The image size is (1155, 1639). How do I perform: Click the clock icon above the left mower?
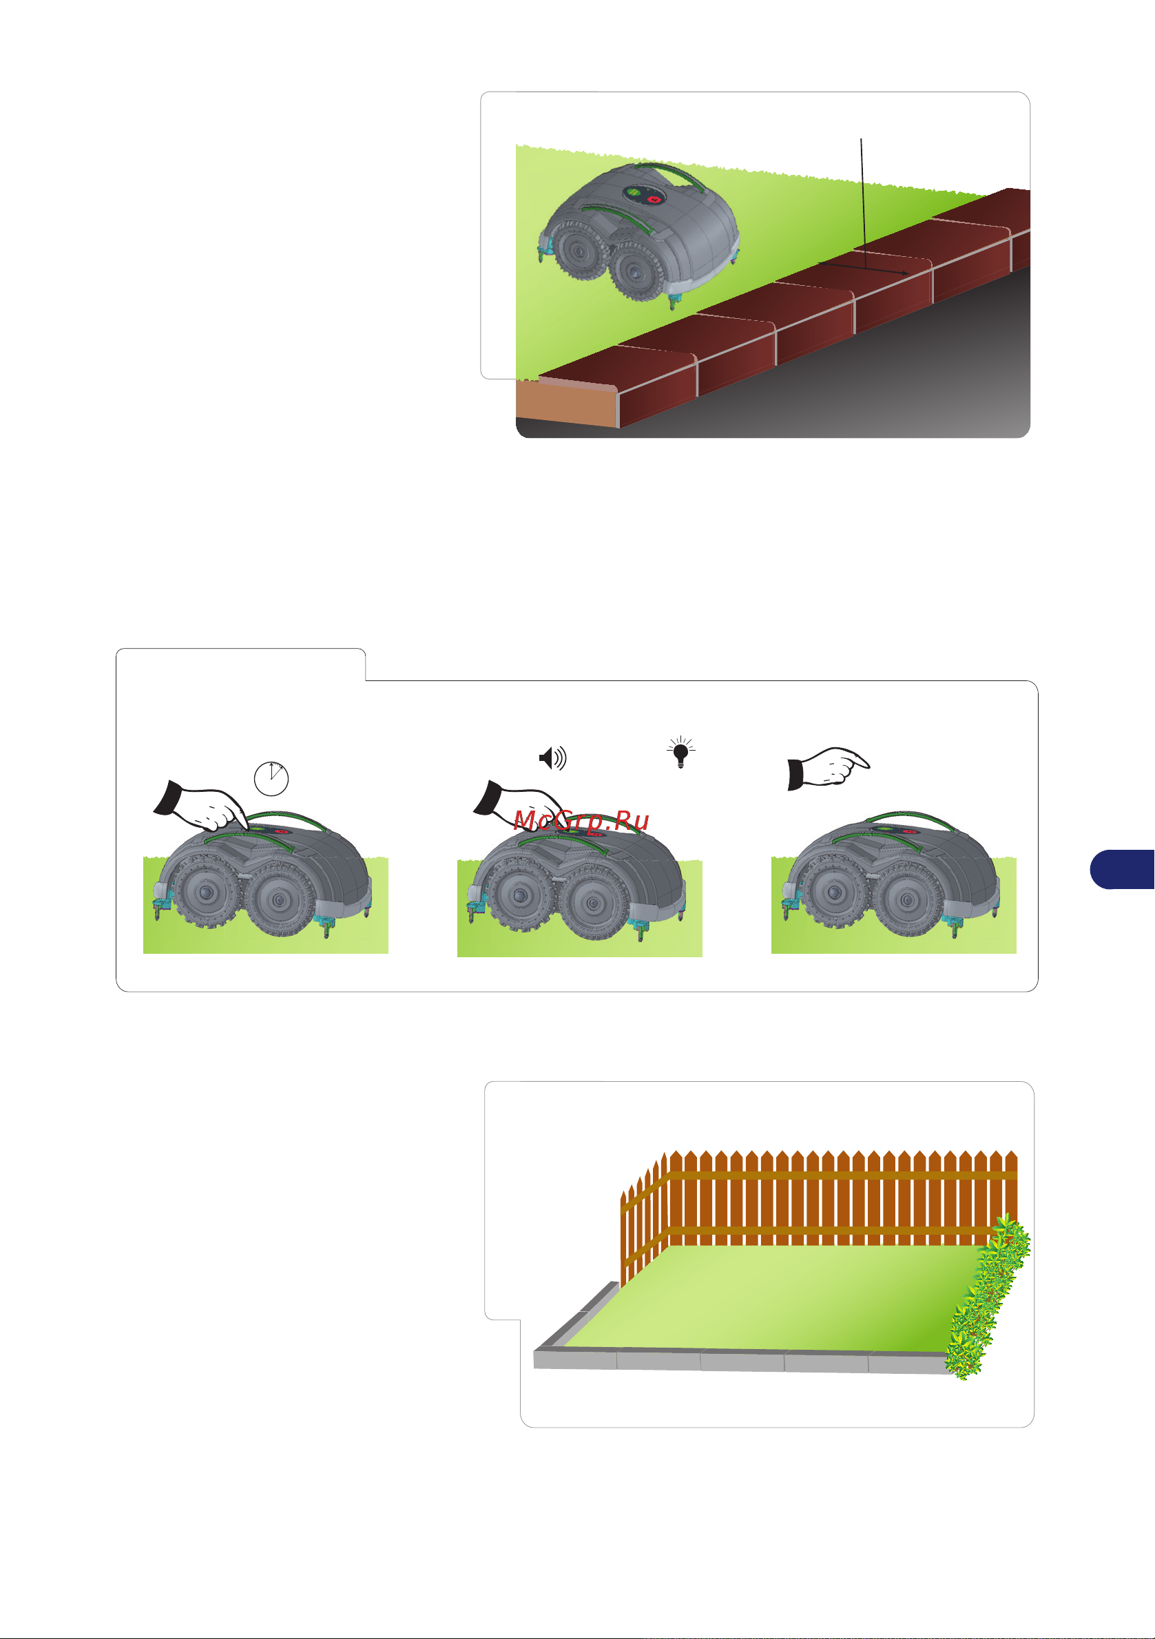[271, 778]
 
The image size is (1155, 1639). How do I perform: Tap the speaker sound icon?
[552, 758]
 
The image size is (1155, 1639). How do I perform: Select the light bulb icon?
[681, 753]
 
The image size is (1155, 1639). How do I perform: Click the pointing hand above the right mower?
[828, 768]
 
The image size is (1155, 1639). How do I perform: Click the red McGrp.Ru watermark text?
[581, 820]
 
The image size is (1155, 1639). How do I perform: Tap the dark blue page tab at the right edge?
[1122, 869]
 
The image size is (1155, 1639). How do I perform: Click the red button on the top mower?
[653, 200]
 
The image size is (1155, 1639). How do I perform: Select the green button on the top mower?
[633, 192]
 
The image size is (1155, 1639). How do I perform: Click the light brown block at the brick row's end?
[566, 404]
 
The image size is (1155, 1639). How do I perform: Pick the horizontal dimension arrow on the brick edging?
[864, 269]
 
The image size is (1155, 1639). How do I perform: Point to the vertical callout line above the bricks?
[863, 203]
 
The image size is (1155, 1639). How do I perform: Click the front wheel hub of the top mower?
[632, 271]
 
